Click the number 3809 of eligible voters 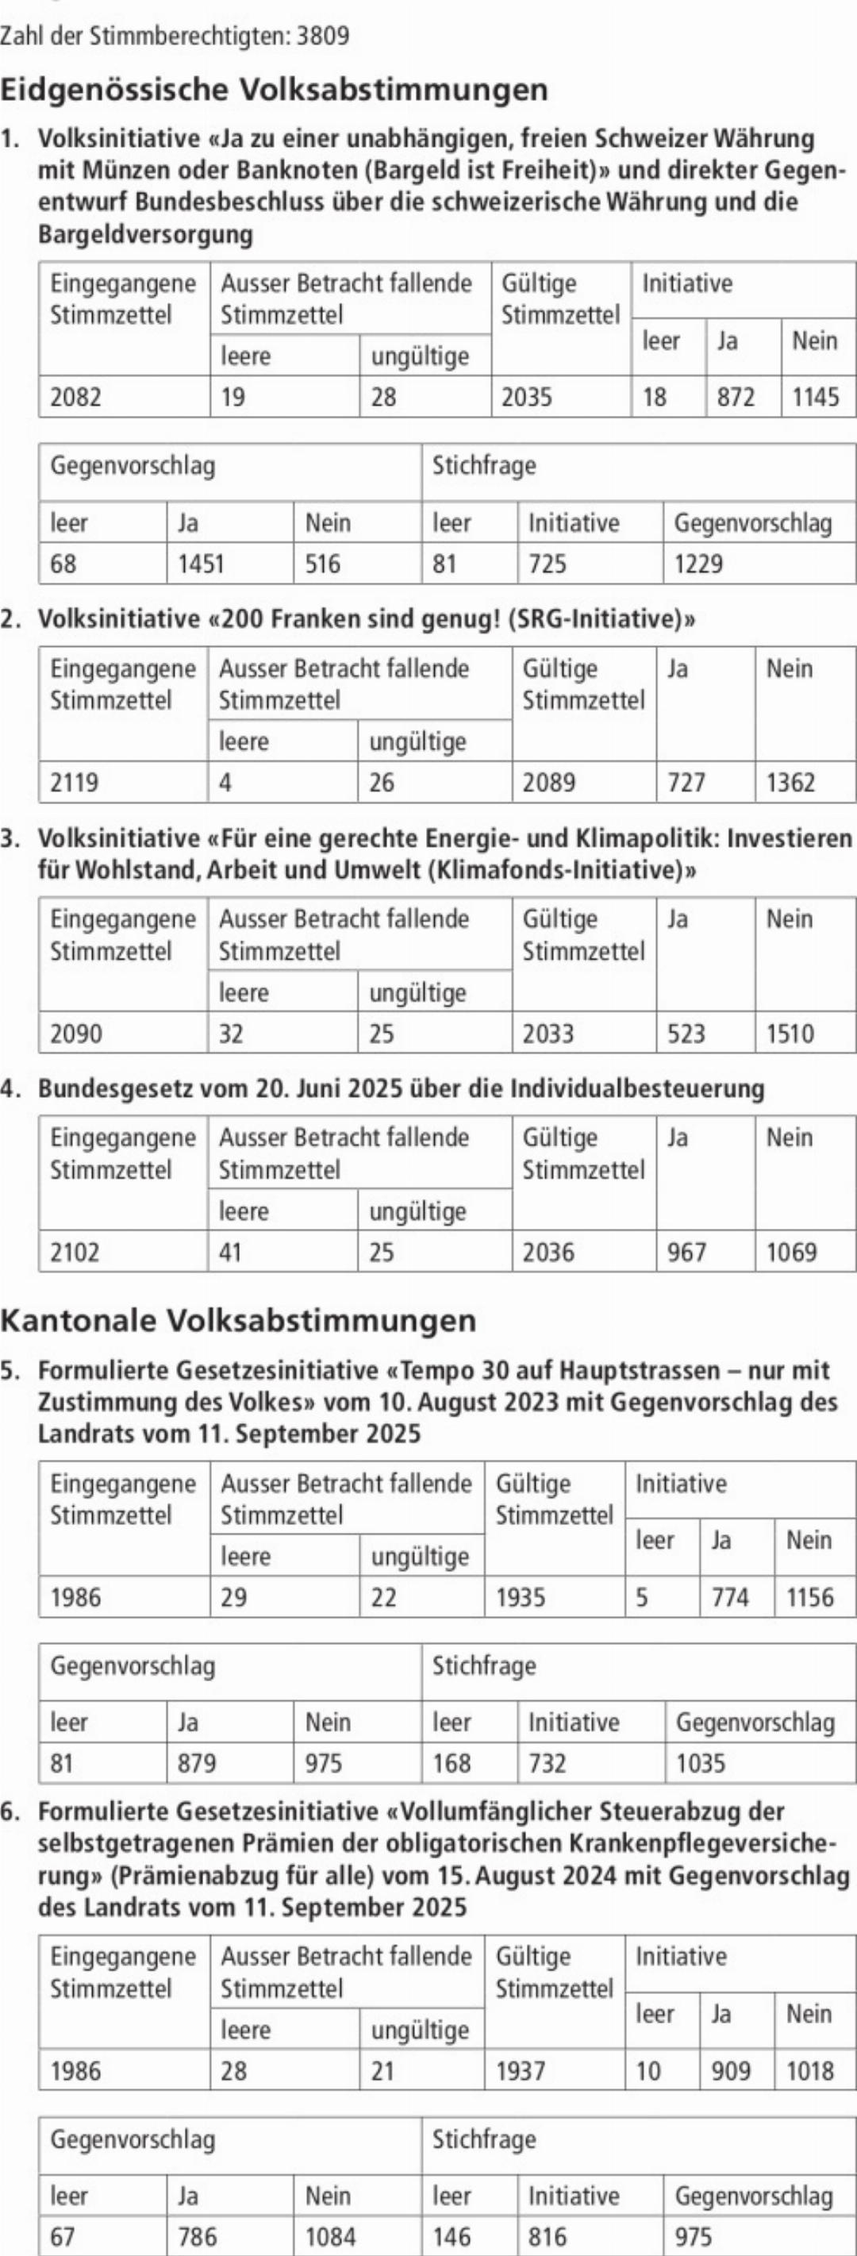tap(323, 36)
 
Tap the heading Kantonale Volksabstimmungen tap(238, 1320)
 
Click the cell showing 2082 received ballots tap(75, 398)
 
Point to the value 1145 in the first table tap(815, 398)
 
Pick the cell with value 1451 tap(202, 564)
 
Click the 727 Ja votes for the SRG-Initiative tap(686, 782)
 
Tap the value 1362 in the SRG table tap(790, 782)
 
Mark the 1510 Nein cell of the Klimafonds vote tap(790, 1034)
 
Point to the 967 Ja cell tap(686, 1253)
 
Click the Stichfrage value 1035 tap(701, 1762)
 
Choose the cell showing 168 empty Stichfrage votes tap(452, 1762)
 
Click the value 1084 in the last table tap(330, 2237)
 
